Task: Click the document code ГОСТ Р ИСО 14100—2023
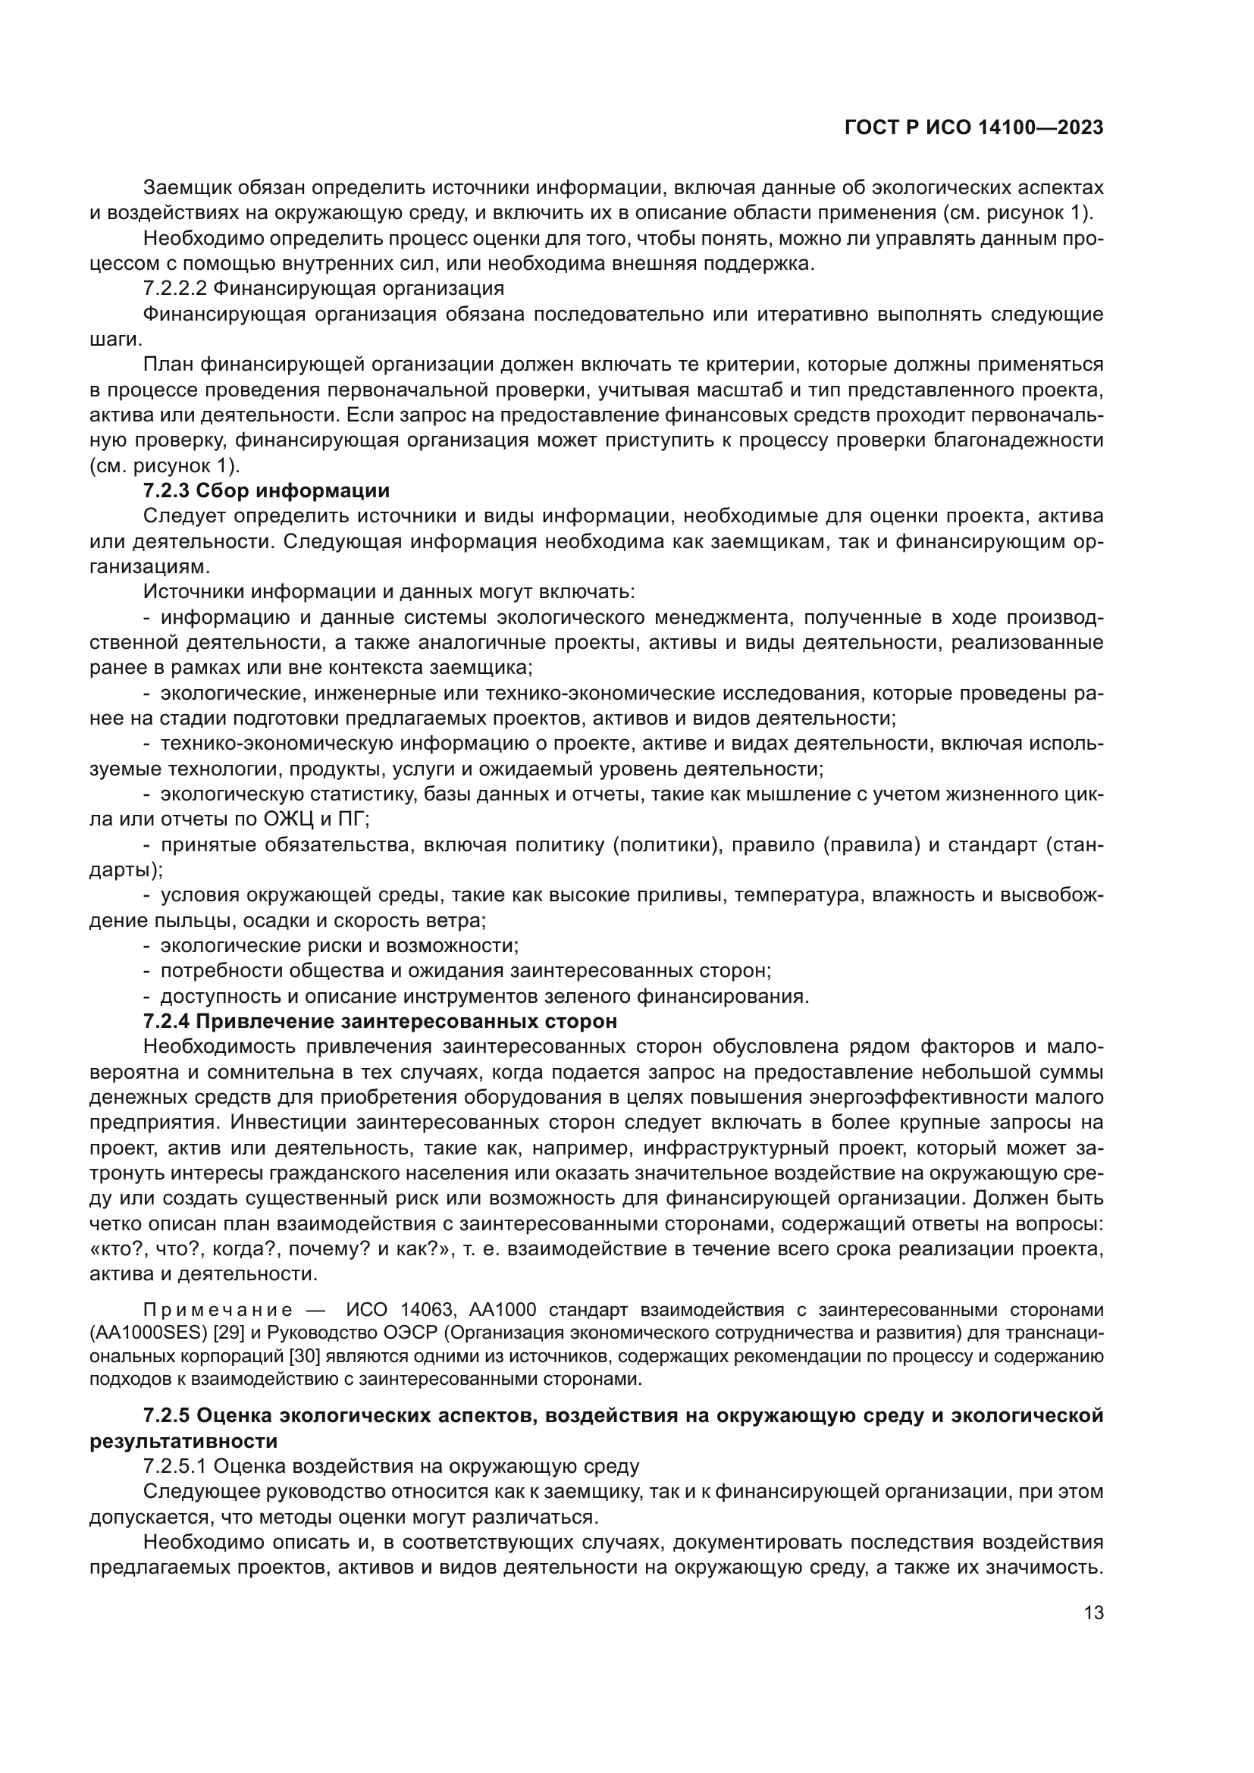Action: point(973,128)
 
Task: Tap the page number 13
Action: point(1093,1613)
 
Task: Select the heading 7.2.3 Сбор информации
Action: point(266,491)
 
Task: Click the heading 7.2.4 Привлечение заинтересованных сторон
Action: point(380,1022)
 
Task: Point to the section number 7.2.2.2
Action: point(175,289)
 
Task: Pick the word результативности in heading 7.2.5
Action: point(183,1442)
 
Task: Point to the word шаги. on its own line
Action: point(115,340)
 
